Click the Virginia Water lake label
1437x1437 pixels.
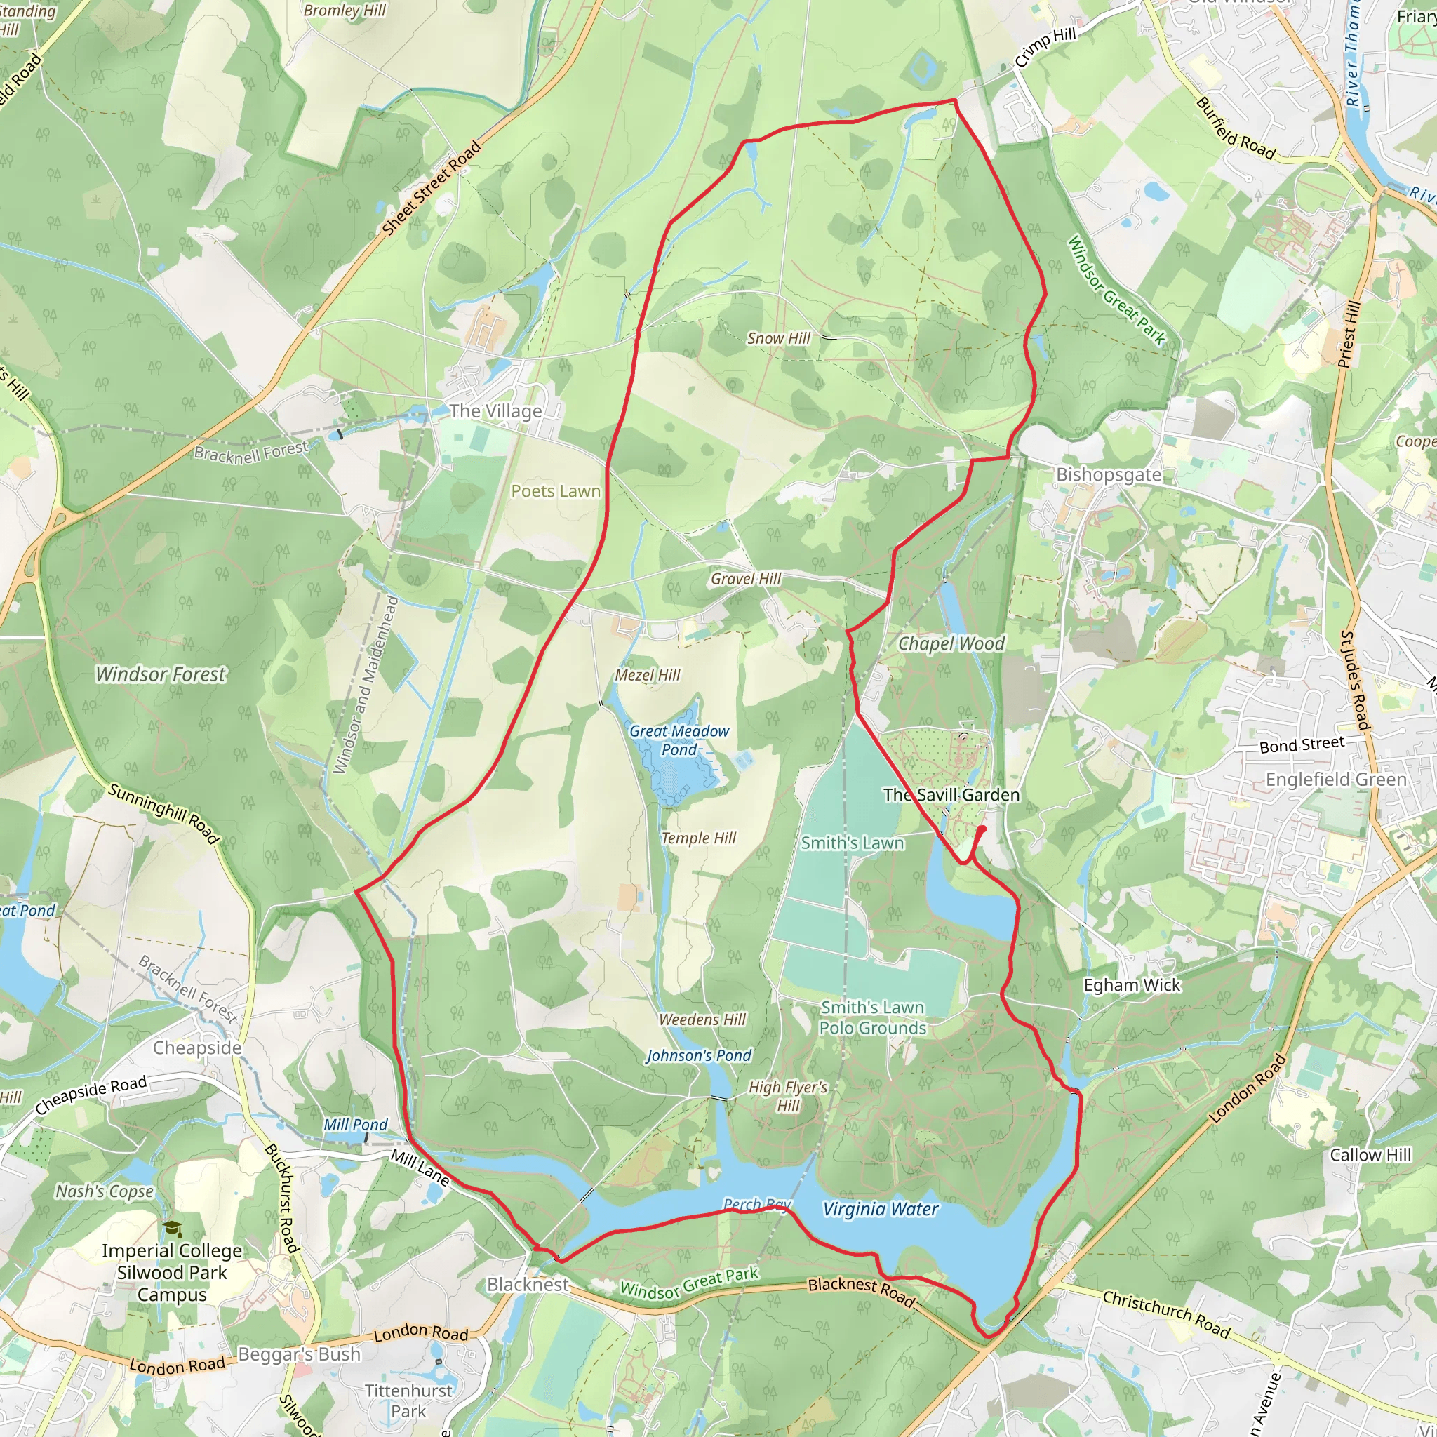(880, 1210)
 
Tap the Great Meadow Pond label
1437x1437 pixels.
(679, 740)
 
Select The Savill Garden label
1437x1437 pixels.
(951, 795)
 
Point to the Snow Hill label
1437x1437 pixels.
(779, 338)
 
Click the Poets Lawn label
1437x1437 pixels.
(556, 491)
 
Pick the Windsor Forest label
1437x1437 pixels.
(161, 674)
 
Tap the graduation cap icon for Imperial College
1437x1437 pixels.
(173, 1229)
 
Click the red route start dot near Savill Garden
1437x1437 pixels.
(982, 829)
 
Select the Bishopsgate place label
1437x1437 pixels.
(1108, 474)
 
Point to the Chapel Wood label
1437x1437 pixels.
(951, 643)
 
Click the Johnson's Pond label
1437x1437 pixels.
(698, 1055)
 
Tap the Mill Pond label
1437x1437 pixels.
(356, 1125)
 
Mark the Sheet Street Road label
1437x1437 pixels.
(432, 189)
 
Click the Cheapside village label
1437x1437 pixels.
(197, 1048)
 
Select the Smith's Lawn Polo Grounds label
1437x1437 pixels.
(872, 1017)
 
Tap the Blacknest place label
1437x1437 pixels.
(528, 1285)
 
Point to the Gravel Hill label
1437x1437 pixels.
(746, 579)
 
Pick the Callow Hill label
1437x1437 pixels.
(1370, 1155)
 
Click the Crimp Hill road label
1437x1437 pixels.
(1045, 48)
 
